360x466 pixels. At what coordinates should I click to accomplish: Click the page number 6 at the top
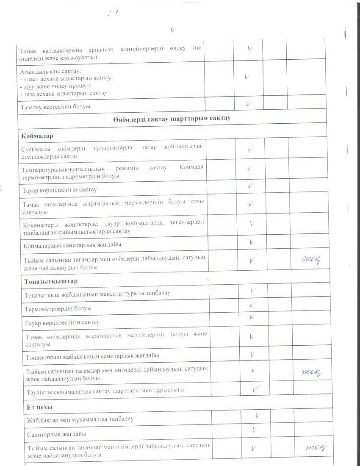[x=172, y=30]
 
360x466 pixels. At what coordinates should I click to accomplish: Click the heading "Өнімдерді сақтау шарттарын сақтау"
[x=172, y=118]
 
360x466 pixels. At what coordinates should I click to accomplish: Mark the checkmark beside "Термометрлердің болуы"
[x=252, y=305]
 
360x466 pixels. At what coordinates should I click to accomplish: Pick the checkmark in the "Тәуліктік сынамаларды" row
[x=255, y=388]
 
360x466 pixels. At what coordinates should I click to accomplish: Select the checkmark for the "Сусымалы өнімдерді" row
[x=251, y=149]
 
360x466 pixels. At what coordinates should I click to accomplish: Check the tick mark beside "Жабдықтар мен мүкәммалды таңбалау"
[x=257, y=416]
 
